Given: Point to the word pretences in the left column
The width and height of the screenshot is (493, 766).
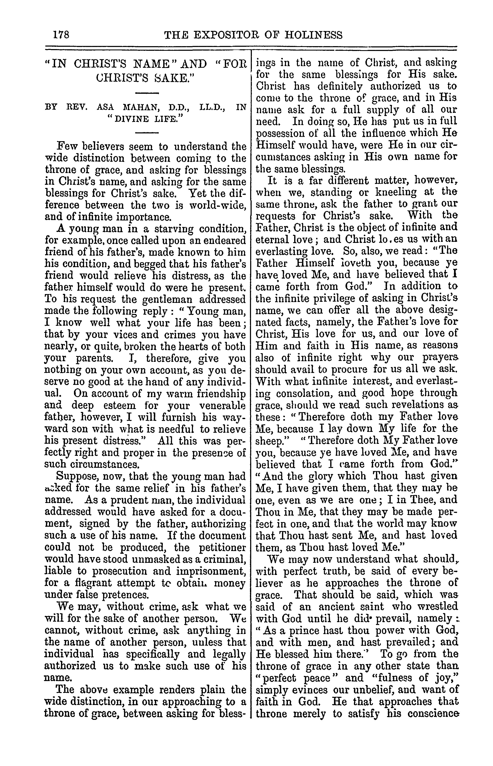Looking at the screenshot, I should pos(125,595).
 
